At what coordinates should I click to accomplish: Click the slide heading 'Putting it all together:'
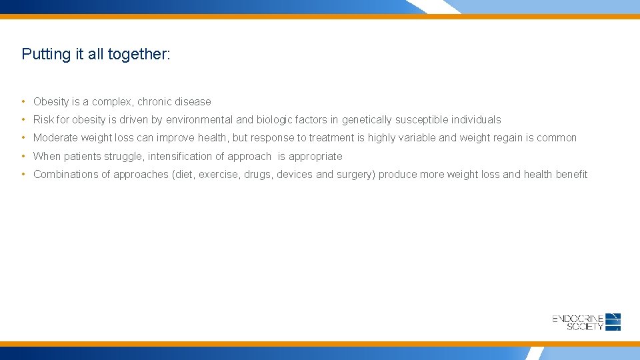tap(96, 54)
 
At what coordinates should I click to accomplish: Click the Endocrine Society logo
tap(586, 322)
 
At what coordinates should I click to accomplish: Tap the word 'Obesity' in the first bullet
tap(51, 102)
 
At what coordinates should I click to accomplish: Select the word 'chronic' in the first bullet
tap(155, 102)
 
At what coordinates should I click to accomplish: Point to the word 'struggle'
tap(123, 157)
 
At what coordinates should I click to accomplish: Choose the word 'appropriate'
tap(315, 157)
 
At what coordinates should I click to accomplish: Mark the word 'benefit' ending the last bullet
tap(571, 175)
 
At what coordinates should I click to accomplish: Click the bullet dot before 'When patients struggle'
tap(23, 156)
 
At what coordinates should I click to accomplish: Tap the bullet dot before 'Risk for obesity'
tap(23, 119)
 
